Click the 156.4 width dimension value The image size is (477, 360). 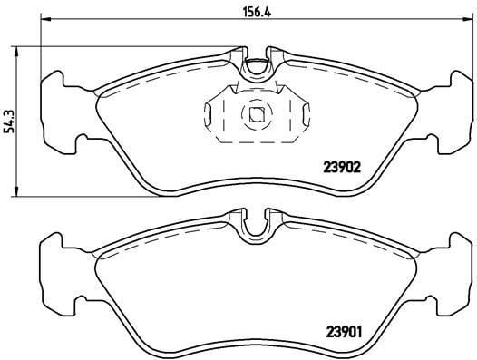(257, 12)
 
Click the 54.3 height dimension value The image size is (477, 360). (10, 121)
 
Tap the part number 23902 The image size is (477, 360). (342, 167)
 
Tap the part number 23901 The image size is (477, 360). (344, 332)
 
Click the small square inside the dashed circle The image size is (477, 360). (257, 115)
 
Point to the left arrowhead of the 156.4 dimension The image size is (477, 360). (45, 19)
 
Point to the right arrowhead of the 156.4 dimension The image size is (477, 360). (468, 19)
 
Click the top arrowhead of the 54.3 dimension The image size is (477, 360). (16, 52)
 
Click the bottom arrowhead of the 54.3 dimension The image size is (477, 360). (16, 191)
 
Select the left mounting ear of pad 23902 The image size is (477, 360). (59, 112)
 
